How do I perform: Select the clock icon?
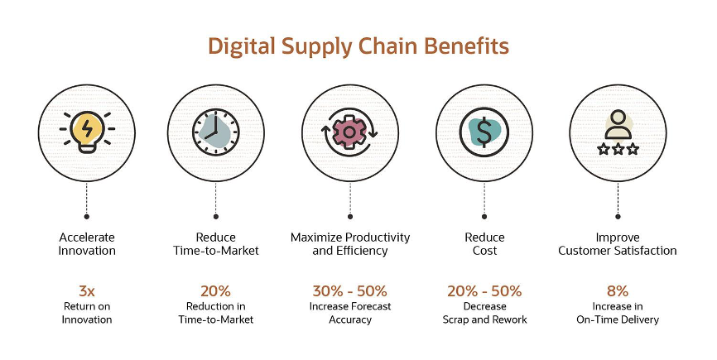click(216, 132)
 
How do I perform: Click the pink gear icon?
click(349, 132)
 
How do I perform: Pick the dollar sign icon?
click(484, 132)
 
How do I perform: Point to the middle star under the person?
click(618, 149)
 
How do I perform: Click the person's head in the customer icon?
click(618, 118)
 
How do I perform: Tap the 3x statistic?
click(87, 291)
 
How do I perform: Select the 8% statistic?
click(618, 291)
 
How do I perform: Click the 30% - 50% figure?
click(350, 291)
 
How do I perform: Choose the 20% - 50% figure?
click(484, 291)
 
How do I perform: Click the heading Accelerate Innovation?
click(87, 244)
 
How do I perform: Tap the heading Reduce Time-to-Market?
click(216, 244)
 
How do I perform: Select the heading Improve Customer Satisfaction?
click(618, 244)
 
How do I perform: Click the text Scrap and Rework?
click(484, 319)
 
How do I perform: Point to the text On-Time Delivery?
click(618, 319)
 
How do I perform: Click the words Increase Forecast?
click(350, 306)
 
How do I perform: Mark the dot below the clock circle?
click(216, 217)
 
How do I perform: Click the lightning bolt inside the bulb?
click(87, 129)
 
